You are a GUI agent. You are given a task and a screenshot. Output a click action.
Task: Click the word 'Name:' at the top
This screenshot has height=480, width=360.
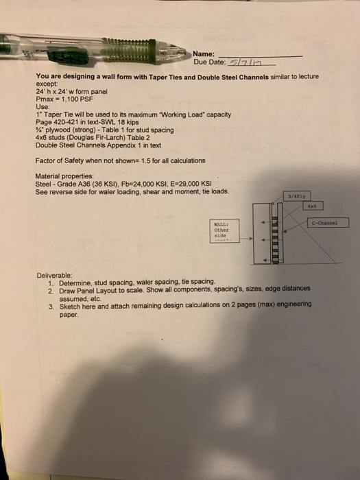[x=204, y=54]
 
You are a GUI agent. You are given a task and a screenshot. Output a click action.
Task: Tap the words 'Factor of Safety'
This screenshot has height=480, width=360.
[x=58, y=160]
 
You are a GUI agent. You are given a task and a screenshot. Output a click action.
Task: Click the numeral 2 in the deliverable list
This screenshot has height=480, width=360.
[x=51, y=289]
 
